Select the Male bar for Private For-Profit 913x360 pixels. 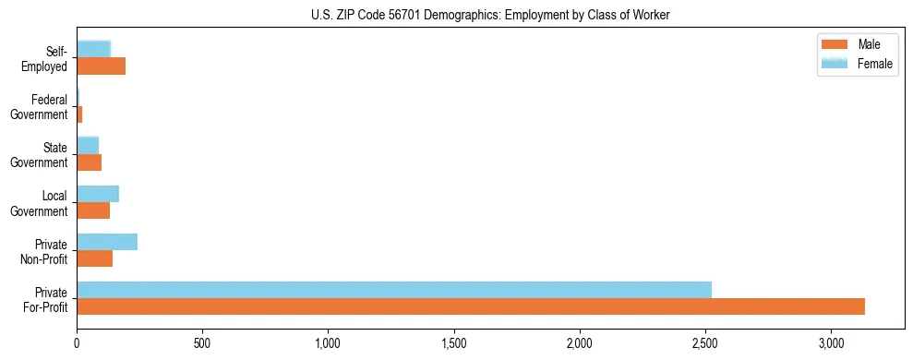pos(471,306)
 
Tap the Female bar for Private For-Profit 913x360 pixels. pos(394,289)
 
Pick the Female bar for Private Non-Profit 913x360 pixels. pos(107,241)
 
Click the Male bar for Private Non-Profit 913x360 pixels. pos(95,258)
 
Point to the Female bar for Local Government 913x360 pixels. pos(98,193)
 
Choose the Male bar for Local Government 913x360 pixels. pos(93,210)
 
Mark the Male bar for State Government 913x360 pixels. pos(90,162)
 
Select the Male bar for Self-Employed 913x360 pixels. pos(102,66)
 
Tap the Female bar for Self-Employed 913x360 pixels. pos(94,49)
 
